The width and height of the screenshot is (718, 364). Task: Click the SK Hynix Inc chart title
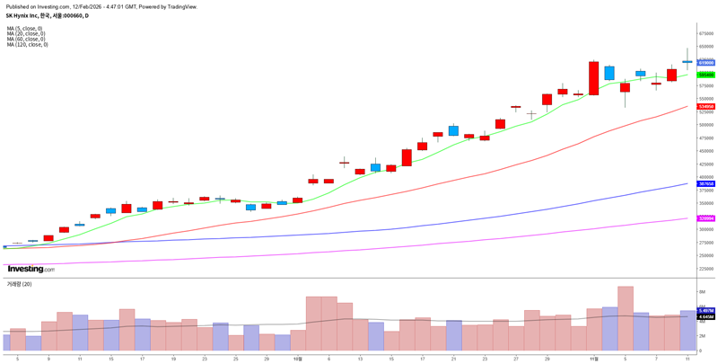[47, 15]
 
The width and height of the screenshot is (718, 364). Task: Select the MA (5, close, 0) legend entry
[25, 28]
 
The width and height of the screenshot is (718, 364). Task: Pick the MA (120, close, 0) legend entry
[28, 44]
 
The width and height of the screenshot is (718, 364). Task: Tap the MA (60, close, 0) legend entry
[26, 39]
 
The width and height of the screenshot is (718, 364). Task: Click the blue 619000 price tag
[705, 63]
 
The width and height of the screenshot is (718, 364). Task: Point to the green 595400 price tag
[705, 75]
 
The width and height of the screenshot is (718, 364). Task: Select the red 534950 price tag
[705, 106]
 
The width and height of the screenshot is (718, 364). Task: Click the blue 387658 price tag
[705, 183]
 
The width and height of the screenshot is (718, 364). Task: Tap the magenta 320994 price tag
[705, 218]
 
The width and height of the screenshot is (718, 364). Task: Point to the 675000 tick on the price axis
[706, 33]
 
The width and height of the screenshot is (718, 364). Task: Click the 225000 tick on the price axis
[706, 268]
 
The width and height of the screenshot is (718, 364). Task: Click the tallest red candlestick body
[593, 78]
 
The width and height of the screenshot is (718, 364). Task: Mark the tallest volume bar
[625, 318]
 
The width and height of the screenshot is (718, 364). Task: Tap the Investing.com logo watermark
[31, 269]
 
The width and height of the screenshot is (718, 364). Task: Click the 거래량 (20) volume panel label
[20, 284]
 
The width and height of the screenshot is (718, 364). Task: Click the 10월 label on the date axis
[297, 358]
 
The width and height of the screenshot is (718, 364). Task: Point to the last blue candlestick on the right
[687, 62]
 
